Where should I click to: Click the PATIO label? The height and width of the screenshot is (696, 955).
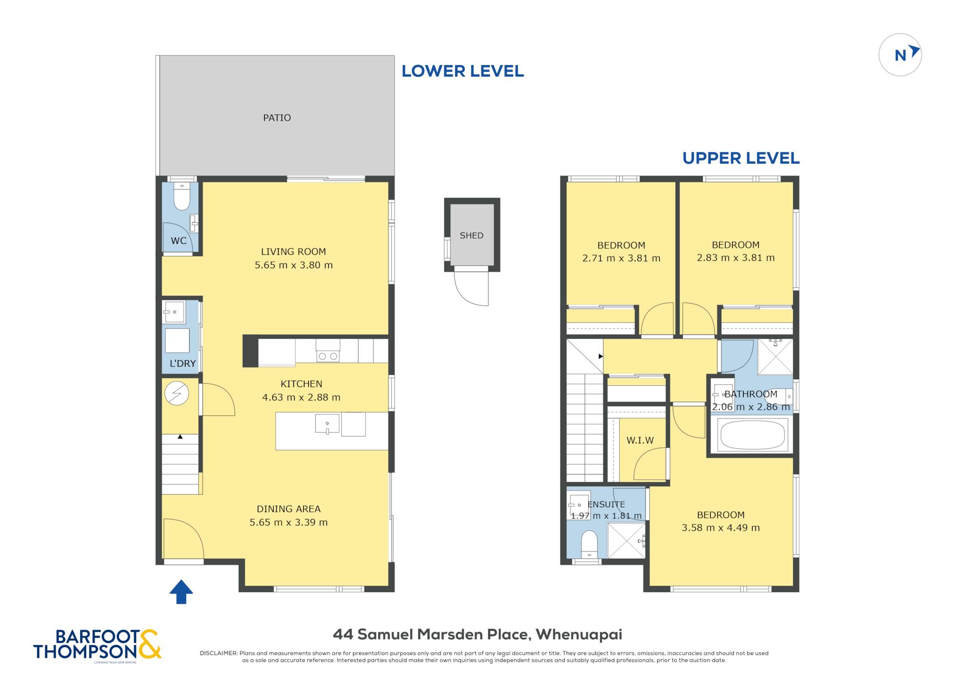(277, 118)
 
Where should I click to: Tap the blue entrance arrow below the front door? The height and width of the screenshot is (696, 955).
(181, 592)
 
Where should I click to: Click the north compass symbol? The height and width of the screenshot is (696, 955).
(900, 55)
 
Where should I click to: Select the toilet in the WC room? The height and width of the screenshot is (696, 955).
(181, 196)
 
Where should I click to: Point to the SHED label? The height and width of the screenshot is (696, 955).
(471, 236)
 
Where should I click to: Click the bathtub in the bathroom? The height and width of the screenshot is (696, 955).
(752, 435)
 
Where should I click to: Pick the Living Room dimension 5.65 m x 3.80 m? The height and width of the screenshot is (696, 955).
(294, 265)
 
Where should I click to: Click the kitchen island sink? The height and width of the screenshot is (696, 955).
(327, 423)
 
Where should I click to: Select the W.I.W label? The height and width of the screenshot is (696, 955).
(640, 440)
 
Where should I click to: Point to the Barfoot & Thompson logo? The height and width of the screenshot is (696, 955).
(97, 645)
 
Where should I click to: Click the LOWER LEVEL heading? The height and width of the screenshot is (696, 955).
(463, 71)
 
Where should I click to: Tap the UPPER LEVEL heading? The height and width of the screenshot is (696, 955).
(741, 158)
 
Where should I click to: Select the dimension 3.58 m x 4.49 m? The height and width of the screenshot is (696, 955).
(721, 528)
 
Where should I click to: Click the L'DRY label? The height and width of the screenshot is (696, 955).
(182, 363)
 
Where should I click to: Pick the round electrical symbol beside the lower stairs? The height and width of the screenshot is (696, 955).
(177, 393)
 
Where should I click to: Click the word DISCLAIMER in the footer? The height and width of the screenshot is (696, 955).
(219, 653)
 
